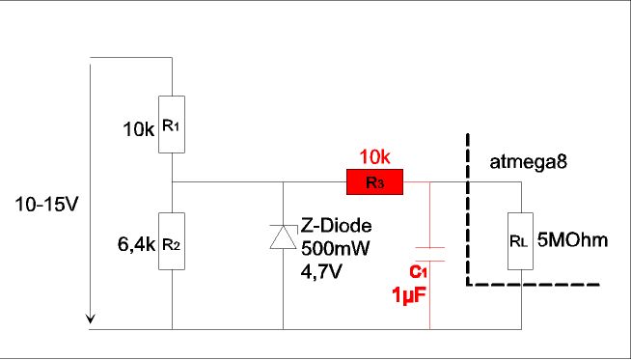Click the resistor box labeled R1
tap(172, 125)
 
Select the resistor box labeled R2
tap(172, 241)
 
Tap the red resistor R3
tap(374, 182)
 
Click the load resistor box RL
tap(520, 241)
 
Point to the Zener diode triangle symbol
tap(284, 237)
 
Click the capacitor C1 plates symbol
tap(429, 254)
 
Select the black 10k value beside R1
tap(138, 130)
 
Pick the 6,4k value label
tap(136, 245)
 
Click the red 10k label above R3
tap(374, 157)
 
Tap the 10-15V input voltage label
tap(45, 205)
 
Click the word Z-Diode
tap(337, 226)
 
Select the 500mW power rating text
tap(335, 249)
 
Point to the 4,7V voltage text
tap(321, 272)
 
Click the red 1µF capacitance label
tap(408, 297)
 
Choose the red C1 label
tap(418, 272)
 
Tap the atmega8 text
tap(529, 162)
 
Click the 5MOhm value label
tap(572, 241)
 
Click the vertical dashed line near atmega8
tap(468, 209)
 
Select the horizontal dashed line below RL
tap(534, 285)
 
